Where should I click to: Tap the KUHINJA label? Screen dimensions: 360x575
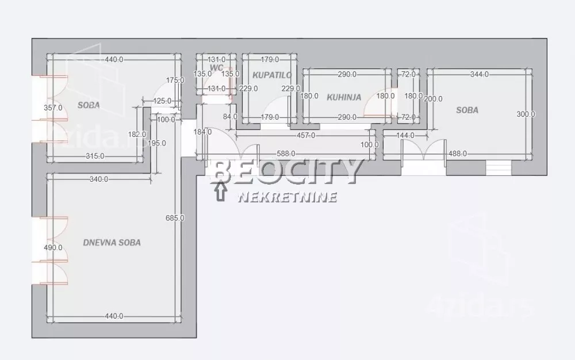[344, 97]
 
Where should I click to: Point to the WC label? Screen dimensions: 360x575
[216, 67]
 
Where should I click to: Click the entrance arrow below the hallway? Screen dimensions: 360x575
[220, 190]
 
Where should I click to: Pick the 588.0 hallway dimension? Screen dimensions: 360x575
[285, 154]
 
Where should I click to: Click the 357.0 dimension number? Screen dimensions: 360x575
[53, 108]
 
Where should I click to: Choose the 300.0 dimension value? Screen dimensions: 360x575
[526, 114]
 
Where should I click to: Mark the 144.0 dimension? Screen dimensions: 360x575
[406, 136]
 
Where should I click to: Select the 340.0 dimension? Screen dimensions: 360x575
[99, 179]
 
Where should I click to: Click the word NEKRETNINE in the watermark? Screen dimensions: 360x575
[287, 197]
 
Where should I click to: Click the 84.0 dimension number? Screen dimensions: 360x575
[231, 117]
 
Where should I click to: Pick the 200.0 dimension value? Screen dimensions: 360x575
[433, 99]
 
